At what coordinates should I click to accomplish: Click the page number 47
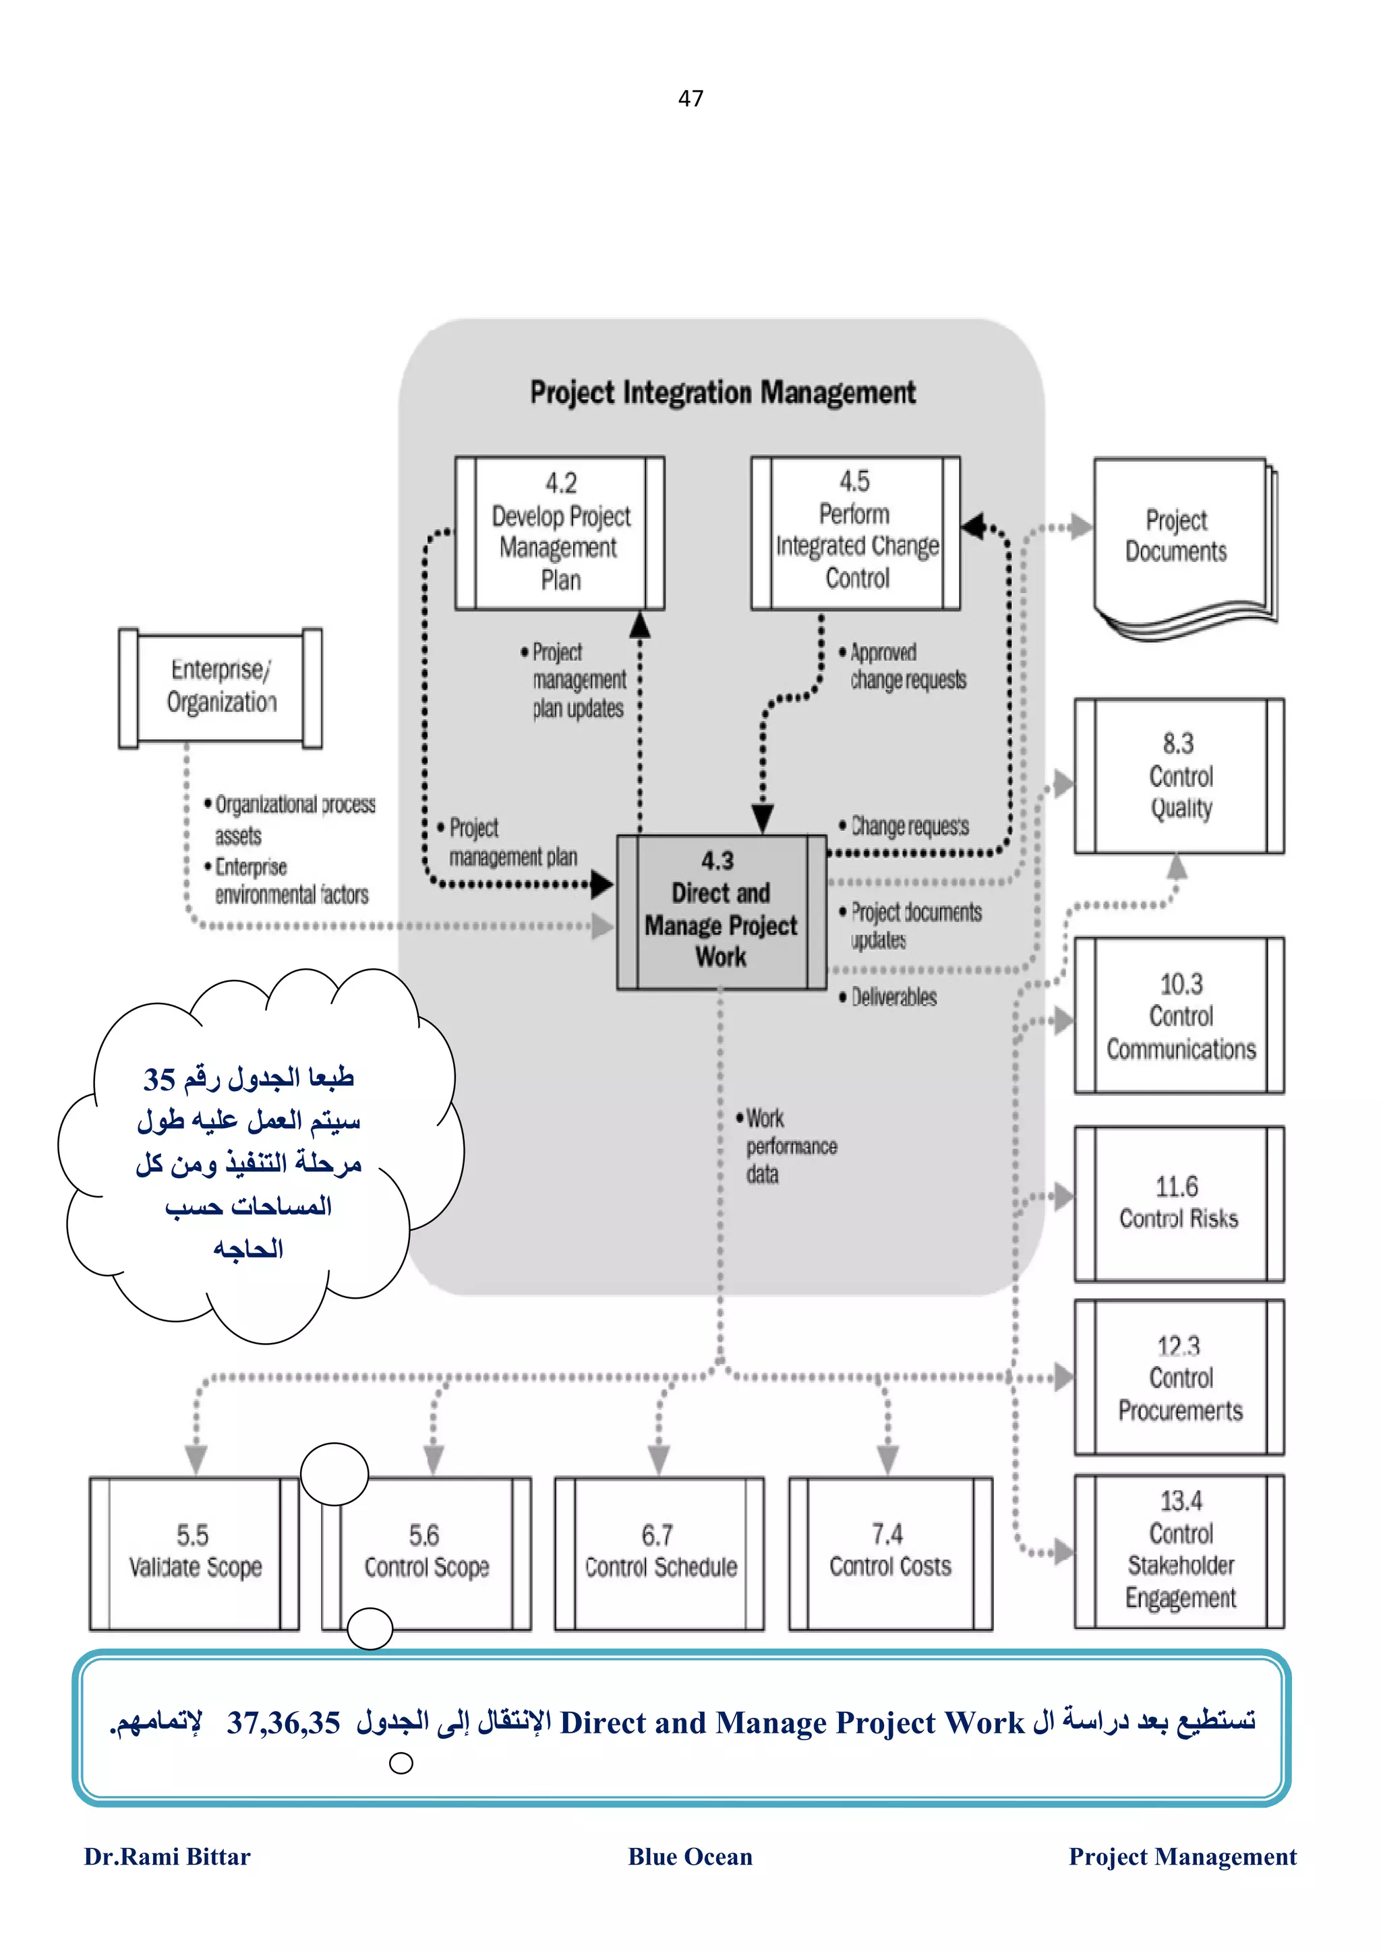click(x=690, y=98)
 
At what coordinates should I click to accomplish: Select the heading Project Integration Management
click(x=722, y=392)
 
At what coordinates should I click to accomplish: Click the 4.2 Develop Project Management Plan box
click(x=560, y=532)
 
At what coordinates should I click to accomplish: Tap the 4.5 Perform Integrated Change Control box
click(x=855, y=532)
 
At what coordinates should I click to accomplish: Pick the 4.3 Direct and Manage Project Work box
click(x=721, y=911)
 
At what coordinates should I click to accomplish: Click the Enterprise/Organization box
click(x=221, y=687)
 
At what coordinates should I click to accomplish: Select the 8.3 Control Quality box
click(x=1179, y=776)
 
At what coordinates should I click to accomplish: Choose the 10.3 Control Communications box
click(x=1179, y=1016)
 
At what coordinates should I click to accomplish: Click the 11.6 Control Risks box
click(x=1179, y=1203)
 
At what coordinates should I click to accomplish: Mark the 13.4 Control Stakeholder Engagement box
click(x=1179, y=1550)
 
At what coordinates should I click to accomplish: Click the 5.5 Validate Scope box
click(x=194, y=1553)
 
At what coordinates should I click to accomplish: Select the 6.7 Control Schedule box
click(x=659, y=1553)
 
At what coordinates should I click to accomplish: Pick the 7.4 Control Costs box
click(x=890, y=1553)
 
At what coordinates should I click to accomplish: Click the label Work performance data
click(x=787, y=1146)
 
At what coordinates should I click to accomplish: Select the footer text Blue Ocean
click(x=690, y=1856)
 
